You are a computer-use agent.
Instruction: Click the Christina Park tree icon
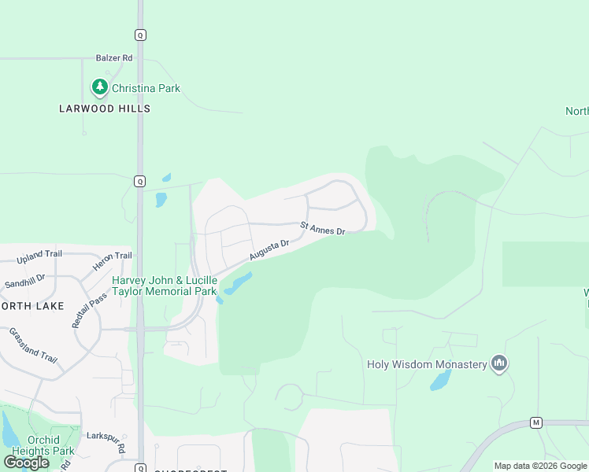[99, 87]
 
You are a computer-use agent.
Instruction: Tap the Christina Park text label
[146, 88]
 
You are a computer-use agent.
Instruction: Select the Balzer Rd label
[114, 57]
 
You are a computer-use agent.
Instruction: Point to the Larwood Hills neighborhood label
[105, 109]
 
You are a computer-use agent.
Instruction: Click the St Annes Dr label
[323, 229]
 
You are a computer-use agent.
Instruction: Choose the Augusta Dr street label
[270, 249]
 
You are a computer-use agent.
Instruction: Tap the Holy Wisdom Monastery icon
[498, 363]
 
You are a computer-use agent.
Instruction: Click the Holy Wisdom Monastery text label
[427, 364]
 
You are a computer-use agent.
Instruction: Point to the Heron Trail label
[113, 256]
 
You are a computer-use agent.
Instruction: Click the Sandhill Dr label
[24, 281]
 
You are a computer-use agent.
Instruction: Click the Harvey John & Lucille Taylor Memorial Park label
[165, 286]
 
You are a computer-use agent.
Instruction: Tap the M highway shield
[536, 422]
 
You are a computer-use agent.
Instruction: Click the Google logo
[27, 462]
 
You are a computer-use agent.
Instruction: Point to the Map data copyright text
[540, 466]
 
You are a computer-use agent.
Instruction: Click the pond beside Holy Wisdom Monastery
[440, 382]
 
